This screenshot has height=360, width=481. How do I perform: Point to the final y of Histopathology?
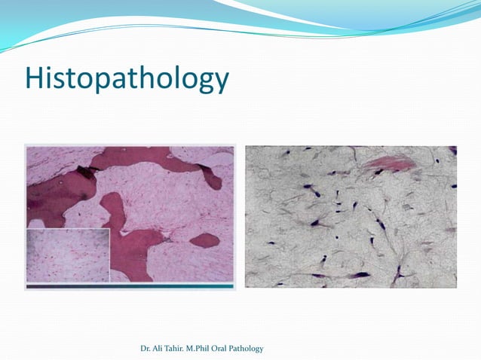click(x=219, y=83)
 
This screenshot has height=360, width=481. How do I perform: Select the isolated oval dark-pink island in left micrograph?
click(x=204, y=240)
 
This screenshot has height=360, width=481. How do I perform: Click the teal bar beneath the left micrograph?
click(x=130, y=286)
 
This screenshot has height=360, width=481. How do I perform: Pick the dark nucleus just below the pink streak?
click(x=378, y=173)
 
